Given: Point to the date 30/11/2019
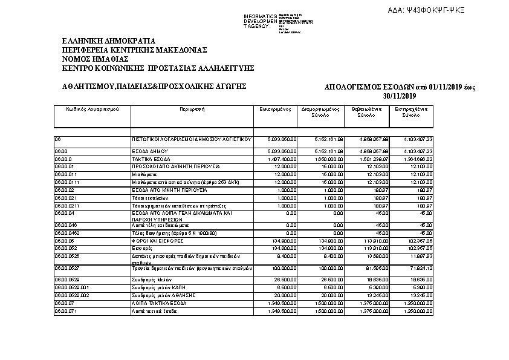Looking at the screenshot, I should tap(400, 96).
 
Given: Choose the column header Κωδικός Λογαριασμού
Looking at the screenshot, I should tap(92, 109).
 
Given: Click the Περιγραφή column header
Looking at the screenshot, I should tap(191, 109).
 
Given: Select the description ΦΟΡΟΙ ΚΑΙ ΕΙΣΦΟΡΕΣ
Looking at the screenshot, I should tap(158, 241).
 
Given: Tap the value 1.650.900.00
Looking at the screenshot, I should tap(328, 159).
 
